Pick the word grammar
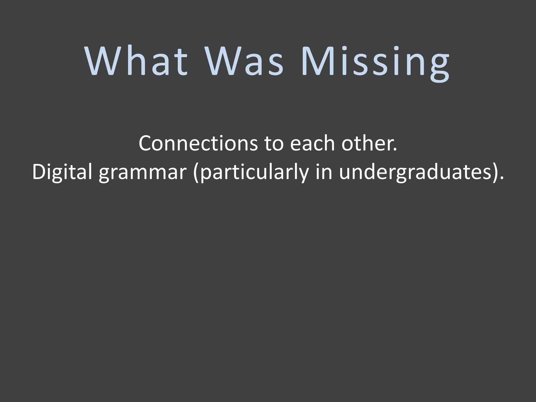click(142, 174)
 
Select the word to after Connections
click(274, 144)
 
